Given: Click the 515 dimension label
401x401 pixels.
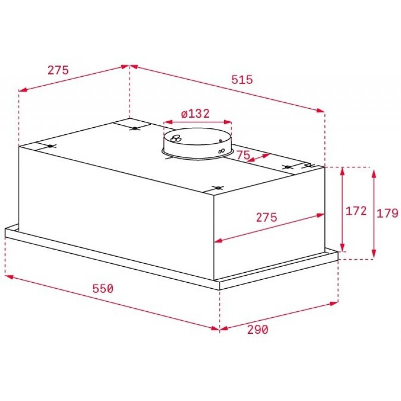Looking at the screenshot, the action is [x=242, y=80].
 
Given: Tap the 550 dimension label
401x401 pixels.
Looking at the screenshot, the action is [x=103, y=289].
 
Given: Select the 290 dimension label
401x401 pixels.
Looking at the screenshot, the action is [x=258, y=330].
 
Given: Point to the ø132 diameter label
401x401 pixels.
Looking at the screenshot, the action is [x=195, y=114].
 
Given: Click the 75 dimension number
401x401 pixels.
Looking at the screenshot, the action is [x=243, y=155].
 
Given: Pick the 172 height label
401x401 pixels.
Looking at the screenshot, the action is [x=356, y=211].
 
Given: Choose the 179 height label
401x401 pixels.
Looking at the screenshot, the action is [x=387, y=213].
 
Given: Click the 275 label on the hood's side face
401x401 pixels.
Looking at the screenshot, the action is [x=267, y=218].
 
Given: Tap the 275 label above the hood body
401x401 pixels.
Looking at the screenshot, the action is [x=58, y=70].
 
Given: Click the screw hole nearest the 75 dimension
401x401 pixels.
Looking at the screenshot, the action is [x=287, y=167].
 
